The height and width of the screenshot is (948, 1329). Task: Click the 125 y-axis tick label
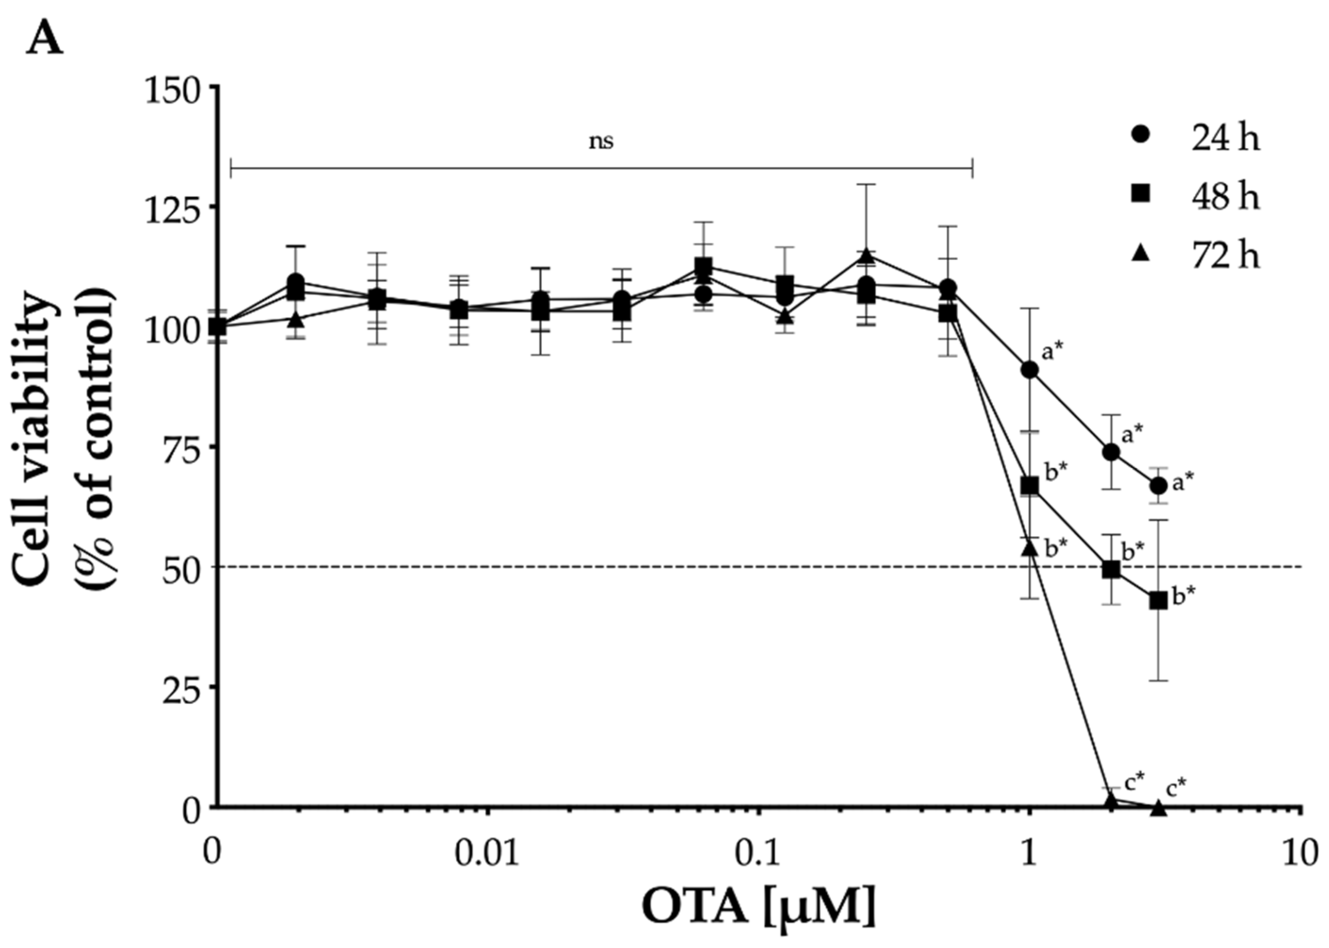pos(172,206)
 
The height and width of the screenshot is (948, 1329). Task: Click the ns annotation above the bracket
pos(601,141)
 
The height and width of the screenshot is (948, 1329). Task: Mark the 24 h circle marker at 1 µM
pos(1029,370)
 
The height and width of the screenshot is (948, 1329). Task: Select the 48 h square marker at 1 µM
pos(1029,486)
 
